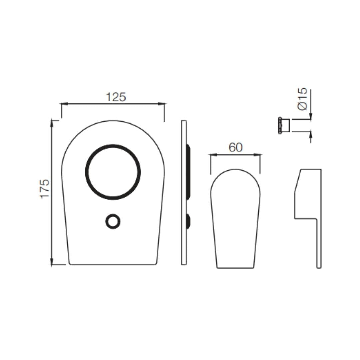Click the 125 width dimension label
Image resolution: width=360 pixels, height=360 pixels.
point(116,97)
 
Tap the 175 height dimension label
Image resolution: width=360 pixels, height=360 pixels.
point(45,189)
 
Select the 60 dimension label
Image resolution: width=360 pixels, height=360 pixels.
point(236,147)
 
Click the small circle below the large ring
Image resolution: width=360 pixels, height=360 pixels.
point(113,222)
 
